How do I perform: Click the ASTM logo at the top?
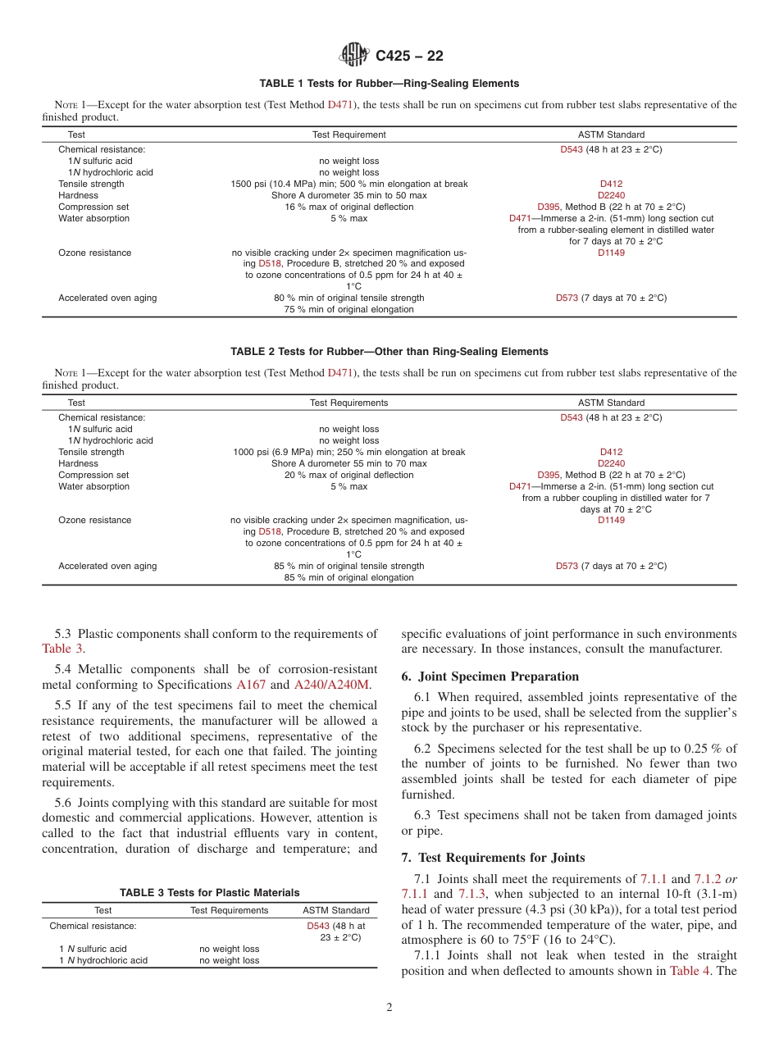tap(355, 55)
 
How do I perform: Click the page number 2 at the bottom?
tap(389, 1008)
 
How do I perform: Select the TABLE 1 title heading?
tap(389, 84)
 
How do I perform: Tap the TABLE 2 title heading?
tap(389, 352)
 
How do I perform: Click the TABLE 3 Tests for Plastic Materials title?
tap(209, 893)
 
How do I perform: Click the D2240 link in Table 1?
tap(611, 196)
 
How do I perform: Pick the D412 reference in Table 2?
tap(611, 453)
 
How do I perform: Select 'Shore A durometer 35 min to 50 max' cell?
tap(349, 196)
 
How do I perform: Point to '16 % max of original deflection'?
tap(349, 207)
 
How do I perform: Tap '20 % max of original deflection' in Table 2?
tap(349, 476)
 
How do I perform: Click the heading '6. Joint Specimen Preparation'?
tap(490, 676)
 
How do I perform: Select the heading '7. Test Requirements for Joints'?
tap(493, 858)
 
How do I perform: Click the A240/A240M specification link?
tap(333, 685)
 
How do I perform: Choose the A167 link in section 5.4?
tap(251, 685)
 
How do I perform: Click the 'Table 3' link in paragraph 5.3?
tap(62, 649)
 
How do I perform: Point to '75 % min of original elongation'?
tap(349, 310)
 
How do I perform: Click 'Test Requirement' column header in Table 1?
tap(349, 134)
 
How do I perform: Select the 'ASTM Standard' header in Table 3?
tap(336, 910)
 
